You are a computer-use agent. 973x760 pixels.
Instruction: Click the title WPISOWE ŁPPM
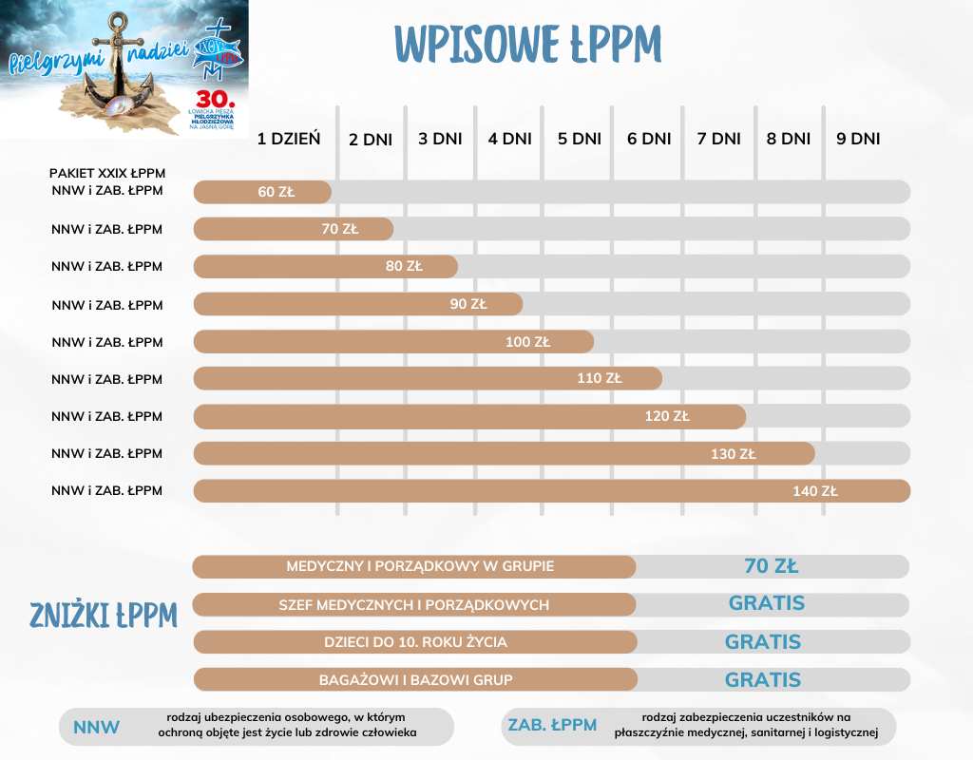click(527, 44)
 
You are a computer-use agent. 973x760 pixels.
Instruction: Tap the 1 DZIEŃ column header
click(289, 139)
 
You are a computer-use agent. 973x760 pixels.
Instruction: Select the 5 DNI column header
click(580, 139)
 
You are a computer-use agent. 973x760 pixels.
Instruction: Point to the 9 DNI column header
click(858, 139)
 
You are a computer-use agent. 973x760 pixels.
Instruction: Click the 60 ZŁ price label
click(277, 192)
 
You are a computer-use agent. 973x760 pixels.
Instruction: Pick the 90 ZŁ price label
click(468, 304)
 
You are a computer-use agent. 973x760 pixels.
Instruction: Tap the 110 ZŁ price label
click(600, 378)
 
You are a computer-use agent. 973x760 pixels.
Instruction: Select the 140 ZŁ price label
click(815, 491)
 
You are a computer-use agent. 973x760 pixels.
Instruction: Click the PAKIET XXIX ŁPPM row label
click(107, 174)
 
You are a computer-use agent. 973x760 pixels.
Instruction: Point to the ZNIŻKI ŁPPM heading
click(105, 616)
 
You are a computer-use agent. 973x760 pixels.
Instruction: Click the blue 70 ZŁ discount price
click(772, 566)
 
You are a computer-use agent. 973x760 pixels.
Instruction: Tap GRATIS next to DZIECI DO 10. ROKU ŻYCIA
click(763, 642)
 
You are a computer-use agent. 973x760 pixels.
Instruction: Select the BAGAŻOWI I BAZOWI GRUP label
click(414, 680)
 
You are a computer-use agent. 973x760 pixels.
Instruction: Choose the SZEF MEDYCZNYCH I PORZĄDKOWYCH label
click(414, 605)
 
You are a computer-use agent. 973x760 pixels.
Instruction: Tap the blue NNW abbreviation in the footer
click(97, 728)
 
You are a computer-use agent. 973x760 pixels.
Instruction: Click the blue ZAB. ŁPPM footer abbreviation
click(552, 726)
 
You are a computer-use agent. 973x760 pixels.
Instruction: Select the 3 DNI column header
click(440, 139)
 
